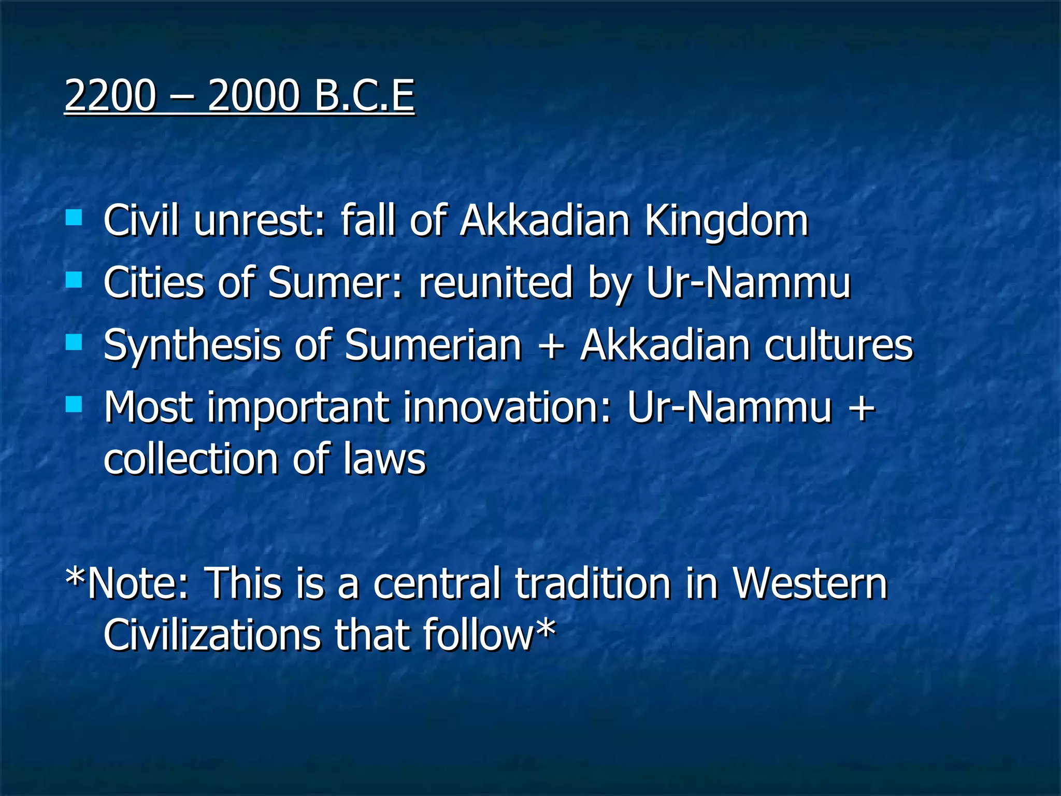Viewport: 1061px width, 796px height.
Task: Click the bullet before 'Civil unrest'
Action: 74,217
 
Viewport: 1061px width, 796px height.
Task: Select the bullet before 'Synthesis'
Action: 74,342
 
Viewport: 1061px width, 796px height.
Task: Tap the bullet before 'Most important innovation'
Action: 74,404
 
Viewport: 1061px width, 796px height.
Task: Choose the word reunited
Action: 496,283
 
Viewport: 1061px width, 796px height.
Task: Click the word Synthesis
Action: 192,346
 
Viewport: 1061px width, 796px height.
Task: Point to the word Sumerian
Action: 433,346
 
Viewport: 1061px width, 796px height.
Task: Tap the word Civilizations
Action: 212,636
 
